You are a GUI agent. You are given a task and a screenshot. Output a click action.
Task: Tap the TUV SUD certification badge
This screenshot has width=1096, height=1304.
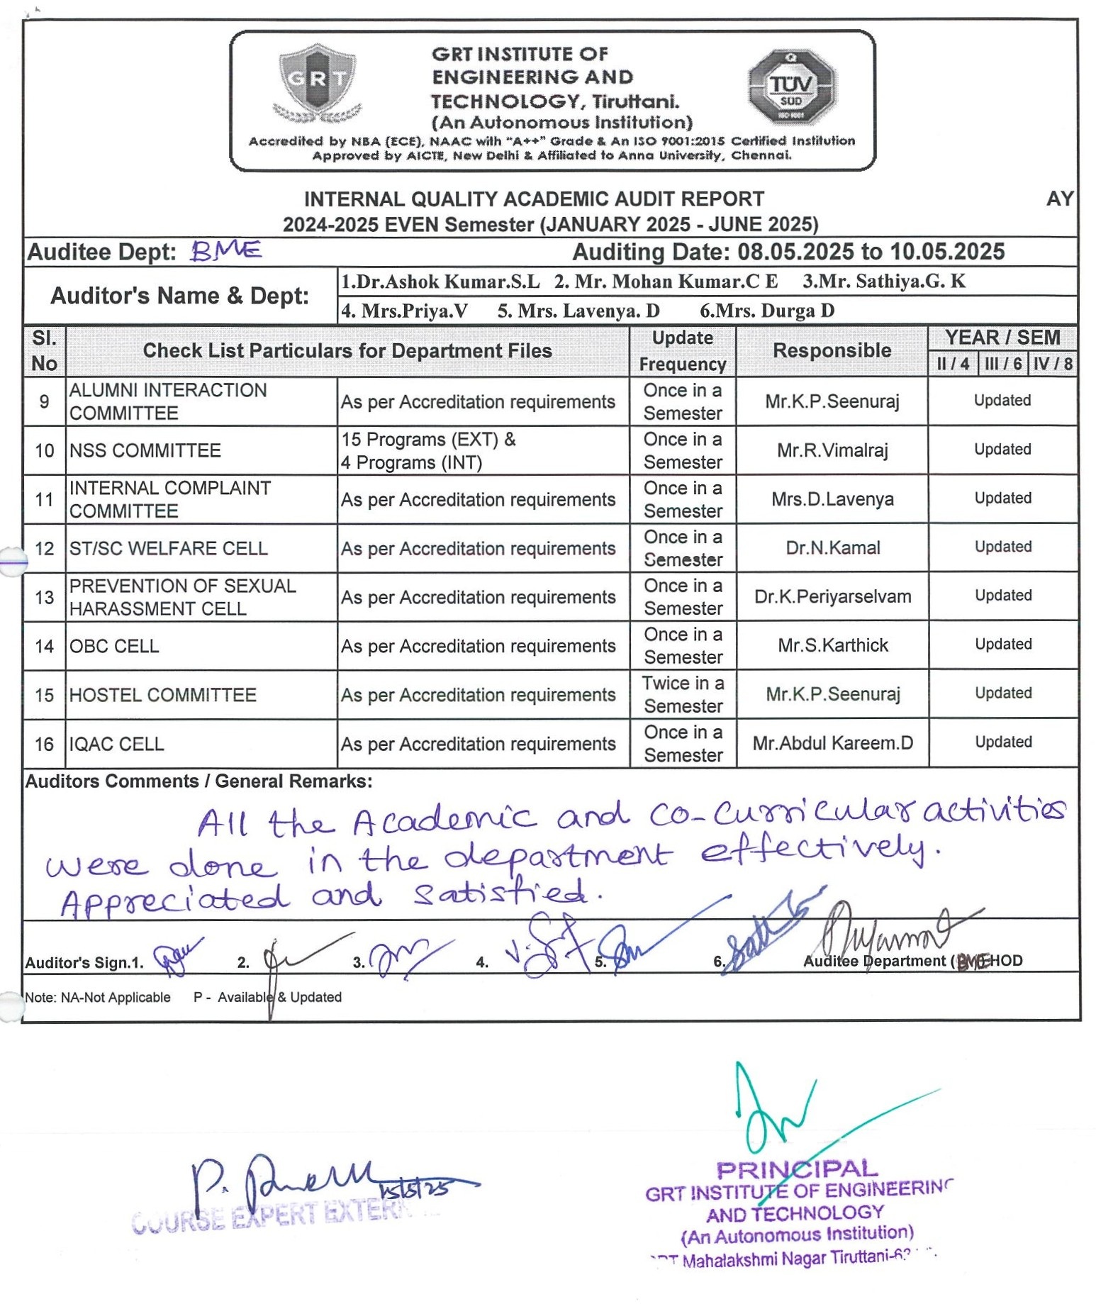(791, 87)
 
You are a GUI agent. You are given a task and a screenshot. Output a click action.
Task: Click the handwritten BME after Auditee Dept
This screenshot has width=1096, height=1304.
(226, 250)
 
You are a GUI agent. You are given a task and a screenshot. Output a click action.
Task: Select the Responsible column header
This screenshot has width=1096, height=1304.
(832, 350)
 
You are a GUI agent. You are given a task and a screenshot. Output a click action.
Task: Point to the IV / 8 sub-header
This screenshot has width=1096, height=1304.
(1052, 364)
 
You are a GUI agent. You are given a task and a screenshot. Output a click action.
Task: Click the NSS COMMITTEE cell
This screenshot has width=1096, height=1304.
(145, 450)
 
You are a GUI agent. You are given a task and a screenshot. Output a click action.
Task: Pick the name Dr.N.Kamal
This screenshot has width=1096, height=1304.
(833, 547)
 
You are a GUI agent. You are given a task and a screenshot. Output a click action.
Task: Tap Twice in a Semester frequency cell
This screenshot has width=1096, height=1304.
(683, 694)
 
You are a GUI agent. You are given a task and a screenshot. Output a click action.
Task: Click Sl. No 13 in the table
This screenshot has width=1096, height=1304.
(44, 597)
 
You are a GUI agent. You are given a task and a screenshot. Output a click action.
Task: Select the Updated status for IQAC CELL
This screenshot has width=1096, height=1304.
(1002, 742)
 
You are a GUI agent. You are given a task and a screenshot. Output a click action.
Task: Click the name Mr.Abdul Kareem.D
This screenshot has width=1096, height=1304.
(833, 743)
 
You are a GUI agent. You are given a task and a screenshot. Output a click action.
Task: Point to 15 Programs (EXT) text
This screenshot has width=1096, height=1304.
(428, 440)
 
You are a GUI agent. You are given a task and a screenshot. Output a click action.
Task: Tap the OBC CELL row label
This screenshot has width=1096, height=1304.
(114, 646)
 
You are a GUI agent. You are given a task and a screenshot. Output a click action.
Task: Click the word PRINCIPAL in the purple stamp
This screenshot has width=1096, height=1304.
(797, 1169)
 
